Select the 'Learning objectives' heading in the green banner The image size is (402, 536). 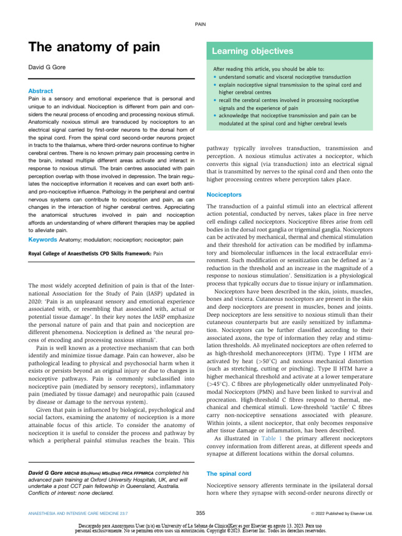tap(252, 51)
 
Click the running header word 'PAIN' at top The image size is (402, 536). tap(201, 24)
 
